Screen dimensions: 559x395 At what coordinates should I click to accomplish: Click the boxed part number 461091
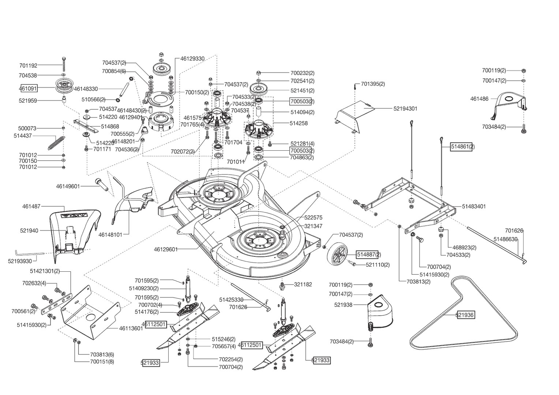[28, 89]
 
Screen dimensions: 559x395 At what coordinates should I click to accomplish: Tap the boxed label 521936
[465, 315]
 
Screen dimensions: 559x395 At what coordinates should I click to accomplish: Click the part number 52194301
[405, 109]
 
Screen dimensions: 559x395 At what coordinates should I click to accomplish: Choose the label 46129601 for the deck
[166, 249]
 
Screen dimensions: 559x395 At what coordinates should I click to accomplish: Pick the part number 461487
[31, 206]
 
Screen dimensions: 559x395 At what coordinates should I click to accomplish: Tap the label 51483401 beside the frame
[474, 206]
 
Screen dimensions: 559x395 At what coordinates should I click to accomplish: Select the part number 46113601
[131, 328]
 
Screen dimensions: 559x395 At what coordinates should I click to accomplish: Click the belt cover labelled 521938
[380, 312]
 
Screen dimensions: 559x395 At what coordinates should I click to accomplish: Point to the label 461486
[479, 99]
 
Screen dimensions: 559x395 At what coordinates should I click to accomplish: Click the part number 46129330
[192, 59]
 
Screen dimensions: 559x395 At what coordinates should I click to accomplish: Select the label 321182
[303, 285]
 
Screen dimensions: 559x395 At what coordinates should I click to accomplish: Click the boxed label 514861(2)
[462, 146]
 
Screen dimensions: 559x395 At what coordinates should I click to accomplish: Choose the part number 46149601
[68, 186]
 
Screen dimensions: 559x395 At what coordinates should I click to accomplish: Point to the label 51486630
[505, 239]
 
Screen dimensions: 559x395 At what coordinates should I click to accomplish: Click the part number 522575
[313, 218]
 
